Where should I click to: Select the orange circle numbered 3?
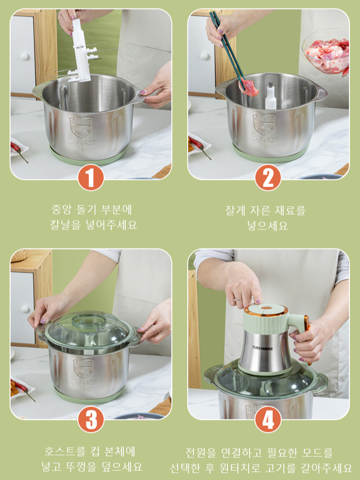point(91,419)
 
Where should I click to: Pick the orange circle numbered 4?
point(268,419)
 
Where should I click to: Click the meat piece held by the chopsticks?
point(249,88)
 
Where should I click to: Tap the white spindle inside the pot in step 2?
point(271,96)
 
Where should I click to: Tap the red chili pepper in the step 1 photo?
point(19,150)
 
